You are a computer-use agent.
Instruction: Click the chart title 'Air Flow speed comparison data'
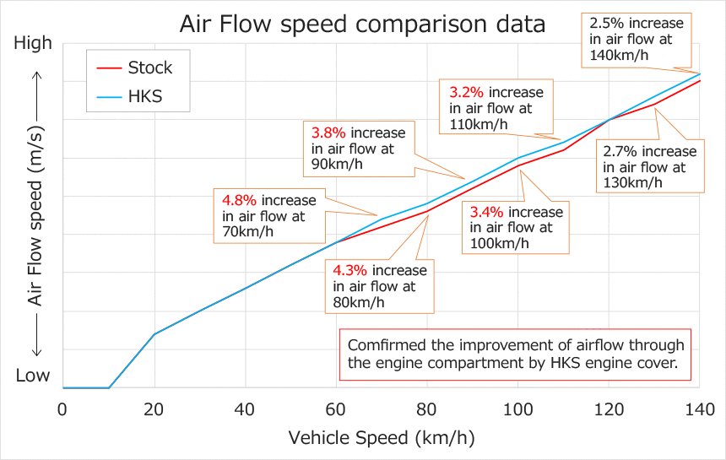click(x=362, y=24)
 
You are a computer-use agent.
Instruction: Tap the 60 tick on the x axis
click(x=336, y=409)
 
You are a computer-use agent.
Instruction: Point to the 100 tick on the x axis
click(x=518, y=409)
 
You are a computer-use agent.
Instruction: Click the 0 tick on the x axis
click(x=62, y=409)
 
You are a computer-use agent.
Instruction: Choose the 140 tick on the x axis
click(x=700, y=409)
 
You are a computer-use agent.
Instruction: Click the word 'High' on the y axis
click(x=33, y=44)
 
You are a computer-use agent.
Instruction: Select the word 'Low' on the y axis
click(x=33, y=376)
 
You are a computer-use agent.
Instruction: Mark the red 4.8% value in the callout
click(x=240, y=201)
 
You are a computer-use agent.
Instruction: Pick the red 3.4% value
click(x=487, y=212)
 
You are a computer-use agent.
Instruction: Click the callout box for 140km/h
click(x=636, y=38)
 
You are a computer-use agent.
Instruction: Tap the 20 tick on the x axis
click(x=154, y=409)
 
